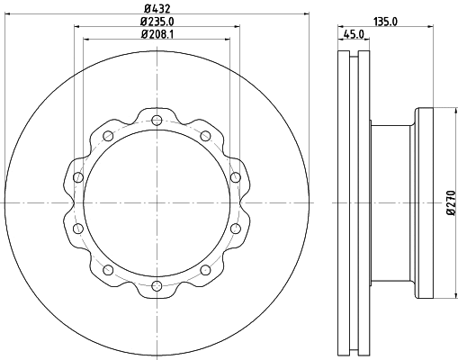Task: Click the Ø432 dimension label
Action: click(157, 8)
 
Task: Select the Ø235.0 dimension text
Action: click(157, 22)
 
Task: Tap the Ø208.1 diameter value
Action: click(157, 35)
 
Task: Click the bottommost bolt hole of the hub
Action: click(157, 285)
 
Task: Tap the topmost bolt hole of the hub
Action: click(157, 122)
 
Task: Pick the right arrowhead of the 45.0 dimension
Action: click(370, 41)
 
